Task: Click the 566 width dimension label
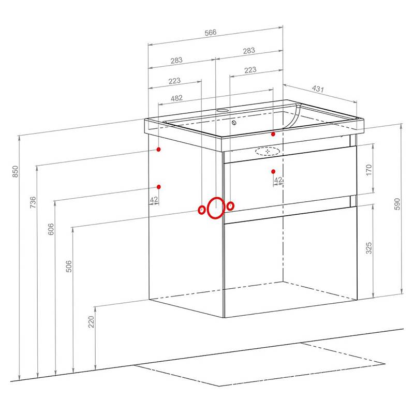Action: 211,33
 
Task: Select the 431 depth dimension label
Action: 318,88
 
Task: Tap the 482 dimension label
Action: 176,98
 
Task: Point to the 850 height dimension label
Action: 16,171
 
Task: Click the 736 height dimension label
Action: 33,202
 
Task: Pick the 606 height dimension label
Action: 51,229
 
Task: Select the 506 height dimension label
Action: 68,266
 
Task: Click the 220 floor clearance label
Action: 91,321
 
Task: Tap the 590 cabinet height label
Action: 397,204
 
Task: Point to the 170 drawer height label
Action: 369,170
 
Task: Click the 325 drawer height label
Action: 369,248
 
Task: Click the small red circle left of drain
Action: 201,210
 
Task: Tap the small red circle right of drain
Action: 230,206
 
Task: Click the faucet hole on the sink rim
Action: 223,110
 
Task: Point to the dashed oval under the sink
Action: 268,151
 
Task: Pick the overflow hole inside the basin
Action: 234,123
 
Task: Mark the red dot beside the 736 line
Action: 158,150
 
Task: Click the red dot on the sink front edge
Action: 273,134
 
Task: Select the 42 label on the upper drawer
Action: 278,180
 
